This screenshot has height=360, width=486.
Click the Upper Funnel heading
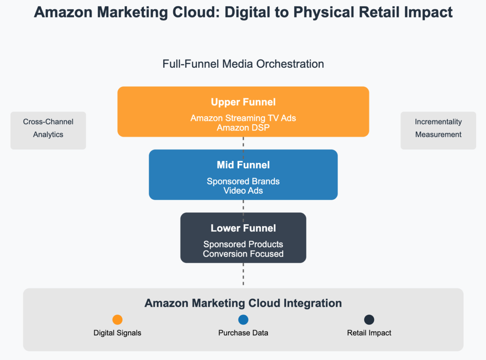(243, 102)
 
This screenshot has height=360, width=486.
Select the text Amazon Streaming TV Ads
(243, 118)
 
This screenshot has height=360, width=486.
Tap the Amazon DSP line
(243, 128)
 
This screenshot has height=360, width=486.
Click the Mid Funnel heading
(243, 165)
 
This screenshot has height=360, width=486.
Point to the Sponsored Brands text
(243, 181)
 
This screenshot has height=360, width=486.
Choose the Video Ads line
(243, 191)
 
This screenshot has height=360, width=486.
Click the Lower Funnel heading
(243, 228)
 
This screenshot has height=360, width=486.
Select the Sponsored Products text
(243, 244)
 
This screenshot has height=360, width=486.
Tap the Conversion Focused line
(243, 254)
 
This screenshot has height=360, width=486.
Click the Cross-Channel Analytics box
(48, 131)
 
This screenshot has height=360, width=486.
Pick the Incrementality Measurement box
(438, 131)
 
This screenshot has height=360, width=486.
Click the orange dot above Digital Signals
(117, 320)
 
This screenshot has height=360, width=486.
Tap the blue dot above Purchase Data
(243, 320)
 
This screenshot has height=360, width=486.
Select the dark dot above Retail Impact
(369, 320)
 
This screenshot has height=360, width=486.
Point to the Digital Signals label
(117, 333)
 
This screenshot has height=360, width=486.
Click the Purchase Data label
(243, 333)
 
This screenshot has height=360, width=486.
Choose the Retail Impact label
(369, 333)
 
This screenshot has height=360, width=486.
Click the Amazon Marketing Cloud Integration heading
(243, 303)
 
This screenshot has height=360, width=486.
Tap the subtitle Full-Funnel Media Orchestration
(243, 64)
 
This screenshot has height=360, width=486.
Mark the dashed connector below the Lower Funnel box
(243, 274)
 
